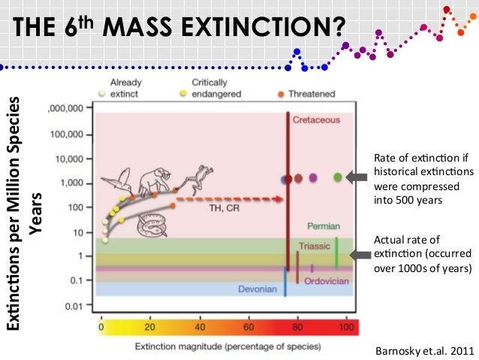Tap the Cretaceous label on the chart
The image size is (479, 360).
[315, 119]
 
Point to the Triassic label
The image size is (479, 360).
[314, 246]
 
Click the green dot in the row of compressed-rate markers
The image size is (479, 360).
[338, 177]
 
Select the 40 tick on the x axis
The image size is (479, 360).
[199, 328]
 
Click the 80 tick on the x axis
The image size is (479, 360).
[298, 328]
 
